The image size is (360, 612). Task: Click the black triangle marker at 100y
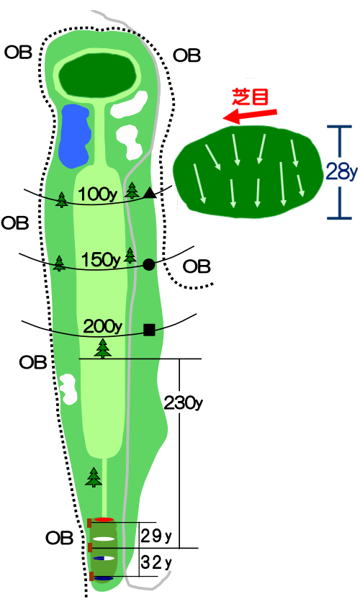click(150, 193)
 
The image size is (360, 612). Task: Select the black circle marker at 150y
click(149, 265)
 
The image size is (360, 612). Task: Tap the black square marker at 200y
click(149, 330)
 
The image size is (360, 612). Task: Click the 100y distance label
click(98, 194)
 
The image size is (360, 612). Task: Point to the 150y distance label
click(100, 260)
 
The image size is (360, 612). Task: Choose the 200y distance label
click(103, 327)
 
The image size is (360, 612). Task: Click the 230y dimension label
click(183, 402)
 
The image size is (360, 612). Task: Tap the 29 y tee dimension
click(156, 536)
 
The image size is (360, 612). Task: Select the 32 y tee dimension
click(156, 562)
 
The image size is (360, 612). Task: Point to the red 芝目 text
click(251, 96)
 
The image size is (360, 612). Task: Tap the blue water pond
click(75, 136)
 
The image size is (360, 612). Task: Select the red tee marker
click(104, 520)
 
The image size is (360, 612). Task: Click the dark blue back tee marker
click(104, 578)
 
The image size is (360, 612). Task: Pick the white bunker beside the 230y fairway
click(68, 389)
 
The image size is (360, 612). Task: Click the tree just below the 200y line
click(103, 348)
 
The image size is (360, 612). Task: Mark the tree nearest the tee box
click(94, 477)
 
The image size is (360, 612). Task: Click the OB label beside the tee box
click(59, 539)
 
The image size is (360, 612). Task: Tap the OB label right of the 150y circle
click(197, 267)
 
